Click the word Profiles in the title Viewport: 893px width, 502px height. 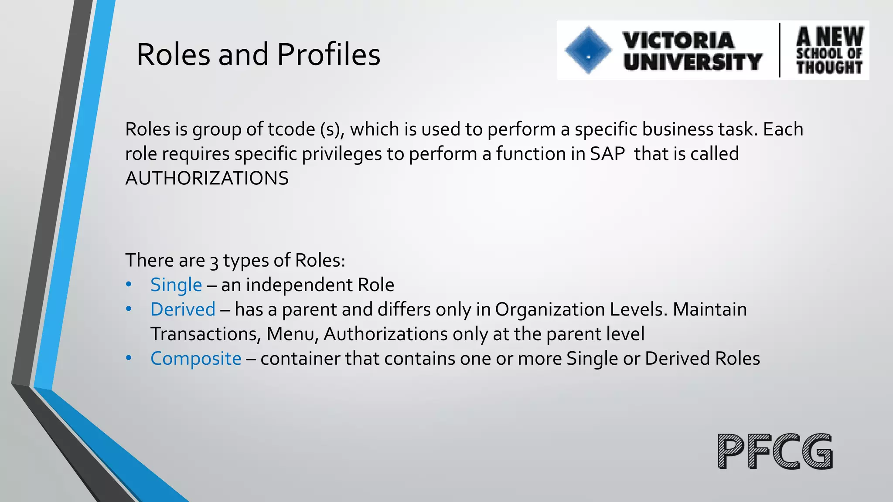click(x=328, y=55)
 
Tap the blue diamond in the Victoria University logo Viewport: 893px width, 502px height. click(x=588, y=50)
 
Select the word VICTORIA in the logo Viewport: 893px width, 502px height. click(x=678, y=41)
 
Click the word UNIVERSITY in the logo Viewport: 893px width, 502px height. click(x=693, y=61)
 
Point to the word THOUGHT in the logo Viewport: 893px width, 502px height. click(x=829, y=67)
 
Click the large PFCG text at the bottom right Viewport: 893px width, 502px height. click(x=775, y=451)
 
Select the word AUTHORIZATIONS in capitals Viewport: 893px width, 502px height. click(x=207, y=178)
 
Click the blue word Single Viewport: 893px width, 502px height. click(x=176, y=285)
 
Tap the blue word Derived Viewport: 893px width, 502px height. click(x=183, y=309)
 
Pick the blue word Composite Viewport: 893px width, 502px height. click(x=196, y=359)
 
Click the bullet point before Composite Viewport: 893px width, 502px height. click(x=128, y=358)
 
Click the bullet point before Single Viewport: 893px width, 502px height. click(x=128, y=285)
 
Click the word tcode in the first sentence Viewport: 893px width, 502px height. click(x=291, y=129)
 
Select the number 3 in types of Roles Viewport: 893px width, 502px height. click(x=214, y=261)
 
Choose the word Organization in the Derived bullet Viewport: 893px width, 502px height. click(x=549, y=309)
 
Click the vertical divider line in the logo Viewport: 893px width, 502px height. click(x=780, y=50)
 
